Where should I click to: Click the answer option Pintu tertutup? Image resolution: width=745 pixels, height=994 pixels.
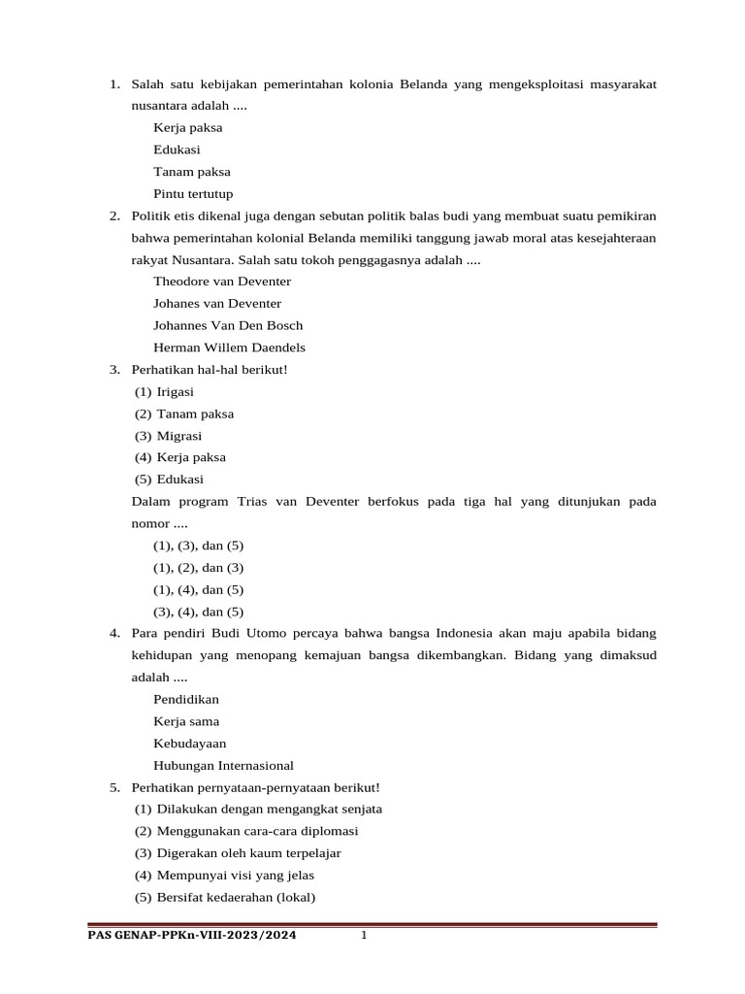point(193,193)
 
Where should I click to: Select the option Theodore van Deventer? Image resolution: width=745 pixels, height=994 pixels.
point(222,282)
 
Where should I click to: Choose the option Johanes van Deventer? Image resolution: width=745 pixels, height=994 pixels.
point(217,304)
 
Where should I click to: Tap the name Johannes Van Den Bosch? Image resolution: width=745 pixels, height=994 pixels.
point(228,325)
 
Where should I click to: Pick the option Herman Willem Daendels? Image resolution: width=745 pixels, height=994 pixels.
point(230,348)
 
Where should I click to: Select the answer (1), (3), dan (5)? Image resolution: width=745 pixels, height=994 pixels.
point(198,546)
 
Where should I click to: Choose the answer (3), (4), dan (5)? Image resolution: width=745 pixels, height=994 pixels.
point(198,612)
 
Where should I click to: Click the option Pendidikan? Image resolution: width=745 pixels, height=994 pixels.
point(186,699)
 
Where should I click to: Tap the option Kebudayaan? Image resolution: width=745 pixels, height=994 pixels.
point(190,744)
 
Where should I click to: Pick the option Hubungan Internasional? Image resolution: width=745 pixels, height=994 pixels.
point(223,766)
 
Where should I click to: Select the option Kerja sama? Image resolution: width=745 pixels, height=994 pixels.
point(186,721)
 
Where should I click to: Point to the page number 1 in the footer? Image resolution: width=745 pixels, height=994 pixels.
point(364,936)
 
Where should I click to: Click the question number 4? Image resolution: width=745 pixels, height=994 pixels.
point(114,633)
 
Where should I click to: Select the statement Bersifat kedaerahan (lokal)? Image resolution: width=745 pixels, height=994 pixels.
point(236,897)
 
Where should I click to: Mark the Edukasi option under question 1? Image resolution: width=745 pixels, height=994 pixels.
point(178,149)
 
